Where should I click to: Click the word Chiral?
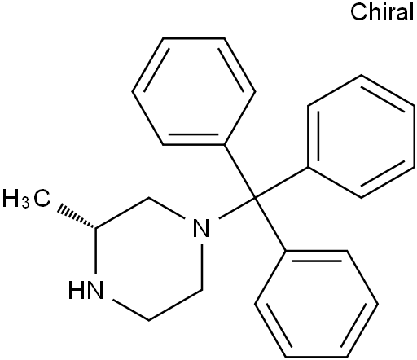[382, 11]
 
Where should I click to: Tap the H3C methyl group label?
[26, 199]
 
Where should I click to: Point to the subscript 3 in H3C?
[25, 203]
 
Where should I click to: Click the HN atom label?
[86, 290]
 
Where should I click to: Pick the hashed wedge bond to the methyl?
[76, 216]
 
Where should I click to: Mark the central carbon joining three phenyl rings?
[255, 197]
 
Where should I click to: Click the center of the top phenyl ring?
[194, 91]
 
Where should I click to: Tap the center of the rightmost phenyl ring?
[361, 136]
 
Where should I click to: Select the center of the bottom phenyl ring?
[316, 304]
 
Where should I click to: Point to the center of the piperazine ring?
[149, 259]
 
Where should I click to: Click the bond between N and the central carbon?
[237, 208]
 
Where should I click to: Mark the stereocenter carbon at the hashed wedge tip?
[95, 227]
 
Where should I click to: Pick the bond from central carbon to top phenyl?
[239, 171]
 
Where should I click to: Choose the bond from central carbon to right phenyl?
[281, 182]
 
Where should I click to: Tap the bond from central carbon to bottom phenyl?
[270, 224]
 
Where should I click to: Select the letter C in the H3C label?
[42, 199]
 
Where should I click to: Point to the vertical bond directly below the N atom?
[202, 267]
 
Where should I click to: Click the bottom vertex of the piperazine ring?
[149, 320]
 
